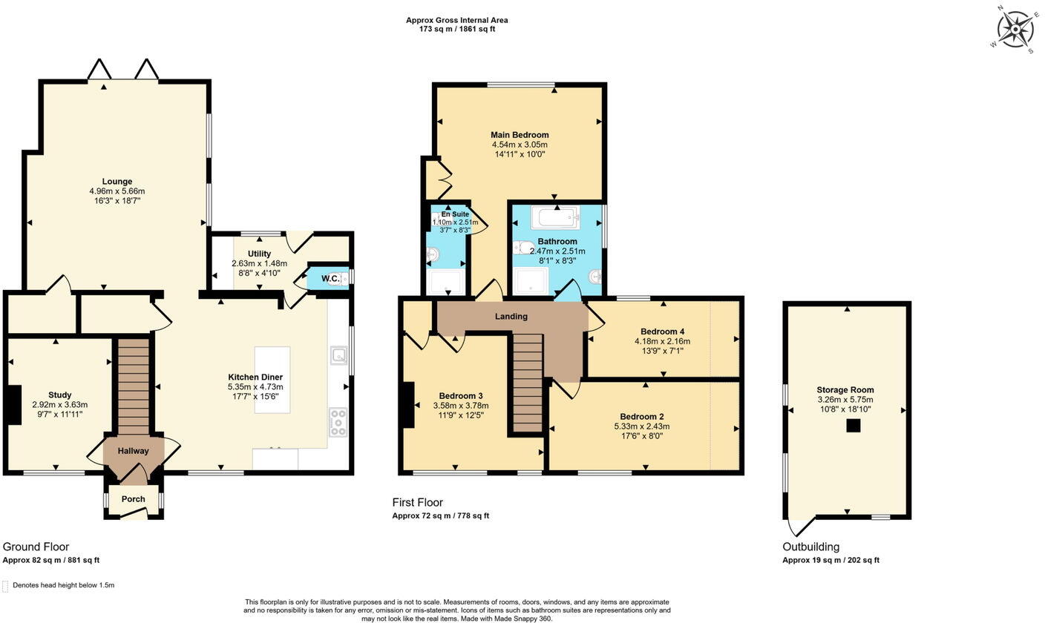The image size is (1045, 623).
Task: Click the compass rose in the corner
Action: [1014, 30]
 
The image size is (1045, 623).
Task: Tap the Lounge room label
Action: [117, 182]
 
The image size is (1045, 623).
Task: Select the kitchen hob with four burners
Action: [338, 422]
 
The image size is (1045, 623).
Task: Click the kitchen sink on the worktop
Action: [339, 355]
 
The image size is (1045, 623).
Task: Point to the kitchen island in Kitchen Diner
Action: [272, 380]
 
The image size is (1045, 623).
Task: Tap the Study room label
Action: [59, 395]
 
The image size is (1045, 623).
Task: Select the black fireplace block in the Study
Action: [13, 405]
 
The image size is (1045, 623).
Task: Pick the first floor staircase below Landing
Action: [528, 382]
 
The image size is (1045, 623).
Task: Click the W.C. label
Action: [331, 279]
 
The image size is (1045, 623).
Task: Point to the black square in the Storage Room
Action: [854, 426]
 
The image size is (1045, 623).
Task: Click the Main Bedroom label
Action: [520, 135]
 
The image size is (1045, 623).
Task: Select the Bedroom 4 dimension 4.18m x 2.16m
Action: [662, 341]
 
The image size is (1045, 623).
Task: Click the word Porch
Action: [134, 499]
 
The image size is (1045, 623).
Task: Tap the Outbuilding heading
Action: [810, 547]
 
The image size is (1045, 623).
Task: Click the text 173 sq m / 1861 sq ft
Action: [456, 29]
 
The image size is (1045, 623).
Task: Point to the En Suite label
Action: [455, 214]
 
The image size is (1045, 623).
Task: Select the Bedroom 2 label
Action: [641, 417]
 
